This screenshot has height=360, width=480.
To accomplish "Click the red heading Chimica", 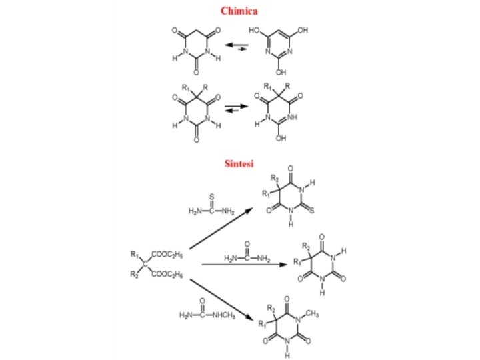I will coord(239,11).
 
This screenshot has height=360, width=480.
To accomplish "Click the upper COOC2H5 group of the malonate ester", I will coord(167,254).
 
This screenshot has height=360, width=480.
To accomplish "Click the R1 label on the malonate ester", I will coord(135,254).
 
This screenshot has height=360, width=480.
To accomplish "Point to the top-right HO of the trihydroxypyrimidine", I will coord(301,30).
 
